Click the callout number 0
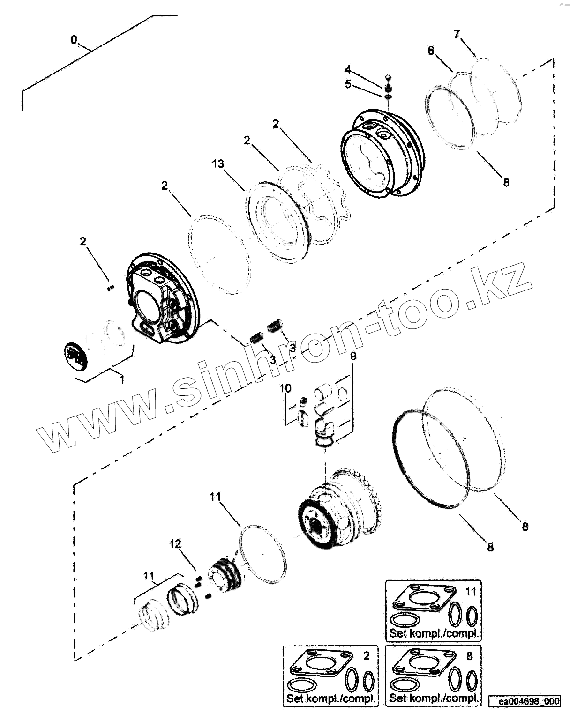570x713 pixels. pos(74,40)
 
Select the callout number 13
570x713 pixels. pos(217,164)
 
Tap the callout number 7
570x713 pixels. pos(457,34)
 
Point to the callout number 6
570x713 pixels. pos(431,51)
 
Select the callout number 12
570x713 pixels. pos(175,544)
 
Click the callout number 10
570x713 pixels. pos(285,388)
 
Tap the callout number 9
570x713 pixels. pos(353,356)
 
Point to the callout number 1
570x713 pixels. pos(122,379)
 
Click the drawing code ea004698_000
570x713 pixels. pos(529,701)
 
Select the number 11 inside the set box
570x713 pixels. pos(470,591)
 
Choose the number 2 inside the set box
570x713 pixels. pos(366,656)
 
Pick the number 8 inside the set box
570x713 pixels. pos(470,656)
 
